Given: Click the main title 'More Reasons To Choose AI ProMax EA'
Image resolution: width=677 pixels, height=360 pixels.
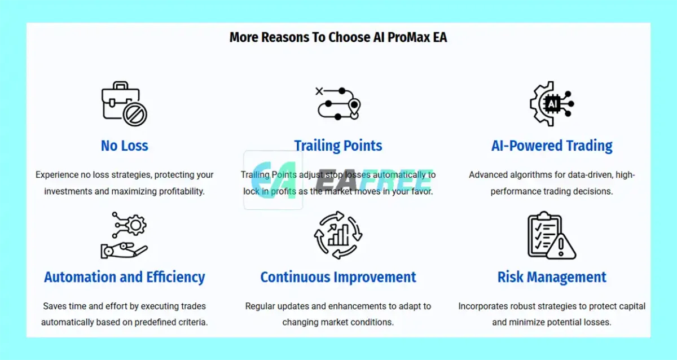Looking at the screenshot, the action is coord(338,37).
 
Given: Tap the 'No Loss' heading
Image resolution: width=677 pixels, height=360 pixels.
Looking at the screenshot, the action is coord(125,146).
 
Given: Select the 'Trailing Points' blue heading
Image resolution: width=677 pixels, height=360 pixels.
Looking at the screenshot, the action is coord(338,146).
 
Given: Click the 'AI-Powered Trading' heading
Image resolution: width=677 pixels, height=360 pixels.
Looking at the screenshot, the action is coord(552,146).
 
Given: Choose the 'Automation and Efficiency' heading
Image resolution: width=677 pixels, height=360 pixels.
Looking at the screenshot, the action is coord(125,277).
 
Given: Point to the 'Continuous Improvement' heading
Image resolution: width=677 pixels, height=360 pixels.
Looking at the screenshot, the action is coord(338,277).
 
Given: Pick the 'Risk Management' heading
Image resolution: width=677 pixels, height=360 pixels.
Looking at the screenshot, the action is coord(552,277).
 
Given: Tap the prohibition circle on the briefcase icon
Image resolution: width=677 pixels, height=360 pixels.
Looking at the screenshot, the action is coord(135,115).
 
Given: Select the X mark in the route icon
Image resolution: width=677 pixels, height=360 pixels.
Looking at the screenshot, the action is coord(319,91).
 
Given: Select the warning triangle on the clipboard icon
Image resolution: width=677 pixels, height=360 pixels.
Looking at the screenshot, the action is coord(561,247).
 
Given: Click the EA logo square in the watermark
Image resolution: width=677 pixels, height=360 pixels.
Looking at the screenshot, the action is coord(273,180).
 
